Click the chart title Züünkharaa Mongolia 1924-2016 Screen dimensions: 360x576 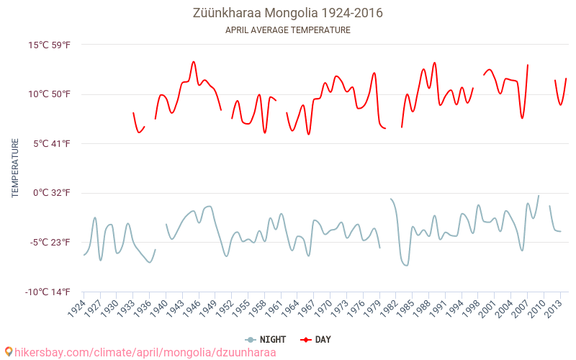pos(288,13)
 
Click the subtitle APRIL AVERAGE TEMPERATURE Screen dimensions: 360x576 pos(288,30)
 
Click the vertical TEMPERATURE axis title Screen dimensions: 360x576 pos(15,168)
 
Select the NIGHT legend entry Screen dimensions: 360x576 pos(266,339)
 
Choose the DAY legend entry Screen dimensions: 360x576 pos(316,339)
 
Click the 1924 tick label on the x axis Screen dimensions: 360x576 pos(76,309)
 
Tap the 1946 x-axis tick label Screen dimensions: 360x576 pos(192,309)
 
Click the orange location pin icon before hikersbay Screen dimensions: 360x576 pos(9,352)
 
